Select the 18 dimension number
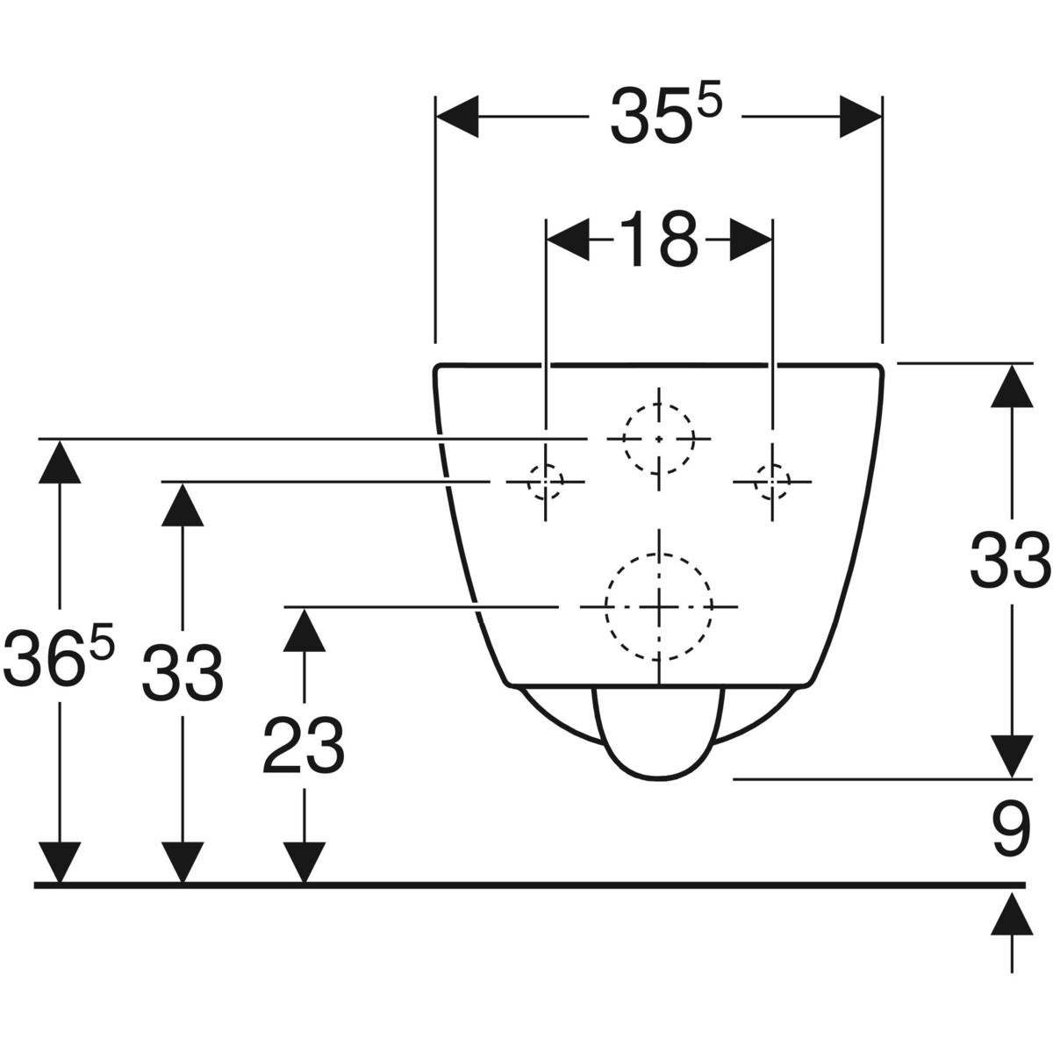tap(659, 239)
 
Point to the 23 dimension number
tap(304, 746)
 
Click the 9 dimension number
tap(1012, 831)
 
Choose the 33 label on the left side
tap(183, 672)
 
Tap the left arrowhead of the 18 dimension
tap(567, 239)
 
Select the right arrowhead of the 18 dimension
tap(751, 239)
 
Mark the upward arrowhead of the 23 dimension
tap(304, 630)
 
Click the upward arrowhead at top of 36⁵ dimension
tap(59, 462)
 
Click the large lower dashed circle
tap(658, 606)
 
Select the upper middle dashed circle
tap(658, 438)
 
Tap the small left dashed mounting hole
tap(545, 481)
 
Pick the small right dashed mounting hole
tap(771, 481)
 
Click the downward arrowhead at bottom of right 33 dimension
tap(1012, 756)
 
